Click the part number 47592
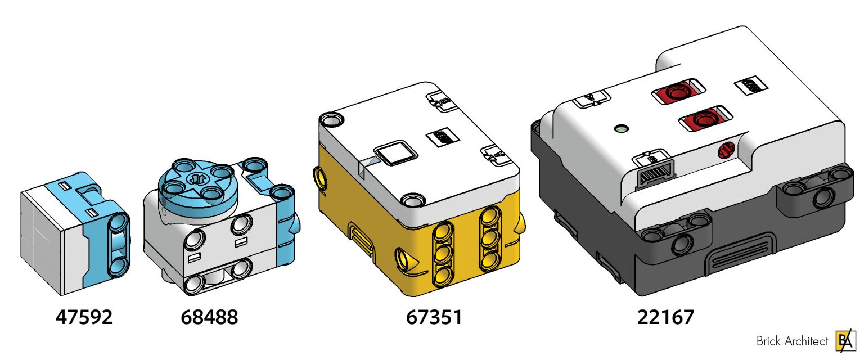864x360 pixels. click(x=84, y=317)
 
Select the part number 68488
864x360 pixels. click(x=209, y=317)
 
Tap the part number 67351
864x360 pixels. click(x=434, y=317)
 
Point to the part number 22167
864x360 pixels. click(x=665, y=317)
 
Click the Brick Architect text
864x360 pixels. click(x=792, y=341)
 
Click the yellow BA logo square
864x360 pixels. click(x=844, y=340)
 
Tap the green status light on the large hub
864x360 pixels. click(x=620, y=129)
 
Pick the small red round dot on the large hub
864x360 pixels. click(x=726, y=150)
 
